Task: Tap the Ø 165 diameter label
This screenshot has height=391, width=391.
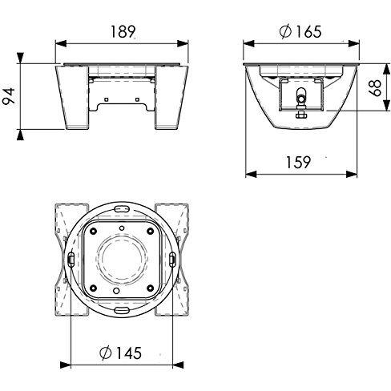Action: coord(302,31)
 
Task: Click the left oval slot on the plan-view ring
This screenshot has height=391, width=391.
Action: coord(71,259)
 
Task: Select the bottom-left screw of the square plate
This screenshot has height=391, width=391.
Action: coord(95,285)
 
